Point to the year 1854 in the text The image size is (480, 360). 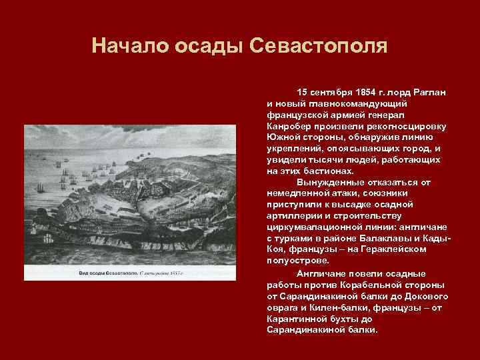pyautogui.click(x=366, y=89)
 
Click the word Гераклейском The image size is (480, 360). pyautogui.click(x=402, y=249)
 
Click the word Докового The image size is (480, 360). pyautogui.click(x=421, y=295)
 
